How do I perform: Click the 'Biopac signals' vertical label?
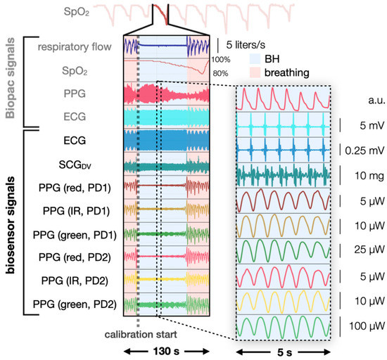click(x=13, y=82)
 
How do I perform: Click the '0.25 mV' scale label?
click(x=365, y=149)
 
